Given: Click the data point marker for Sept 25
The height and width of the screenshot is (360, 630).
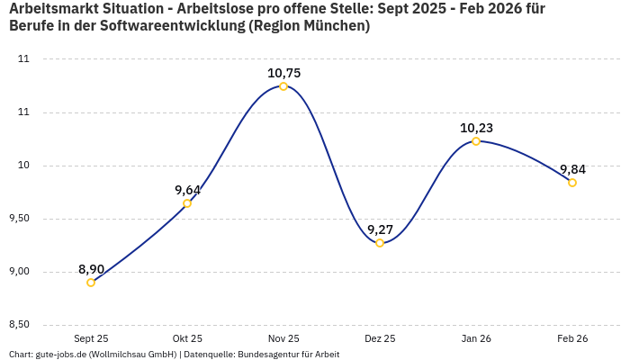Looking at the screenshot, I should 91,283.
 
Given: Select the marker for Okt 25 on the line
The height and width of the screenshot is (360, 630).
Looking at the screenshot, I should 187,203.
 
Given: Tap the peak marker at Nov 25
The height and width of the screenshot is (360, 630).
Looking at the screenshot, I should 283,86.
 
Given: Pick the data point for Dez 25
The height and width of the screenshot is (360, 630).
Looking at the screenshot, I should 380,243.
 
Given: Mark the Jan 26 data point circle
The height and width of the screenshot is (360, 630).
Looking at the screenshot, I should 476,141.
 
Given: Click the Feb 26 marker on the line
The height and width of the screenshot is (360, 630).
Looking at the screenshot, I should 572,183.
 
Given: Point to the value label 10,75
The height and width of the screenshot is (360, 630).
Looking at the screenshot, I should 283,73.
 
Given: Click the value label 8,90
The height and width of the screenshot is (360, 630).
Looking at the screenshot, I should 91,269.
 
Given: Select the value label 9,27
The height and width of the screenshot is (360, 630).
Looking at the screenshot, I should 380,229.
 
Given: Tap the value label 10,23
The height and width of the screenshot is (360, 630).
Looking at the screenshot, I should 476,128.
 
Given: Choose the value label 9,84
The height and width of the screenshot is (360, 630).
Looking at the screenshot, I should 572,169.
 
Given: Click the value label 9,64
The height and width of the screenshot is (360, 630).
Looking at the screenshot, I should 187,190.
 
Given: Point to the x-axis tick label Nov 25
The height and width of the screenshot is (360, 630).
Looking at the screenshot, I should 283,338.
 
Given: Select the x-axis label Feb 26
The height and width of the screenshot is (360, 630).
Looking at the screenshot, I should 572,338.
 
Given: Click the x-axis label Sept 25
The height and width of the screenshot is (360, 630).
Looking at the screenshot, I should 91,338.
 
